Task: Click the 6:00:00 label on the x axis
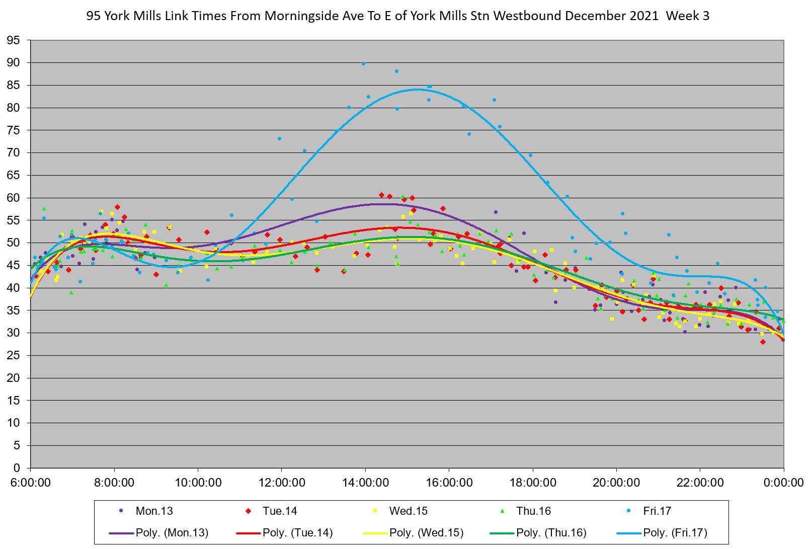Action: (31, 483)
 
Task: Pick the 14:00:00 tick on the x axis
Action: (365, 483)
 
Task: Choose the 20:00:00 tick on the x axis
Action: (616, 483)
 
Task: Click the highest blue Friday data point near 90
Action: (363, 64)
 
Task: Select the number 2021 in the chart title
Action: (643, 16)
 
